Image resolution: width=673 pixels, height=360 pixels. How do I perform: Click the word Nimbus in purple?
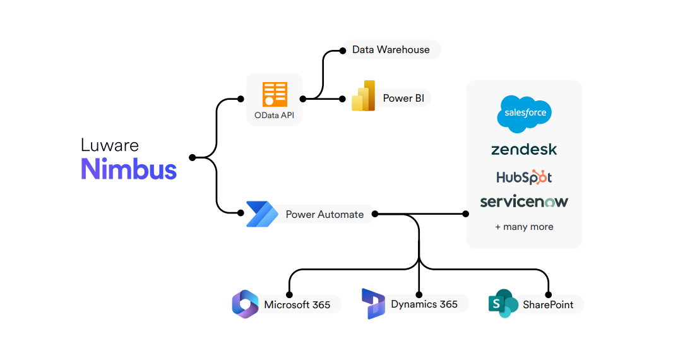coord(129,169)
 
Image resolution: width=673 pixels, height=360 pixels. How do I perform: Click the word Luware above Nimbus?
coord(109,145)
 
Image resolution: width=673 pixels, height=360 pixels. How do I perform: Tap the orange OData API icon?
coord(275,94)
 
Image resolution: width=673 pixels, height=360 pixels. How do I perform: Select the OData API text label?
coord(275,116)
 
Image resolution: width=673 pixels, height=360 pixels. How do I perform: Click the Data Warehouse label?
coord(391,49)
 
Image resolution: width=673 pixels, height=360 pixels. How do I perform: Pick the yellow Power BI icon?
coord(364,97)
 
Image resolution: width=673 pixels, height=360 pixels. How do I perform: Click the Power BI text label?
coord(403,99)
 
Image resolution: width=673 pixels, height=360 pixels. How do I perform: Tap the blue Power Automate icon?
coord(261,213)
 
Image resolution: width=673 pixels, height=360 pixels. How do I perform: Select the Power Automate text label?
coord(325,214)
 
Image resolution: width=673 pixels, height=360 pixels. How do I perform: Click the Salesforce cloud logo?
coord(524,114)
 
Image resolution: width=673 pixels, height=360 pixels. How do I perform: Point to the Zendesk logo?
coord(524,150)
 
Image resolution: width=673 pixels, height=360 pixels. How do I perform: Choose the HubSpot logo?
coord(524,177)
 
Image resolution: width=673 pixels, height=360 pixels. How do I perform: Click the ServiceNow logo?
coord(524,201)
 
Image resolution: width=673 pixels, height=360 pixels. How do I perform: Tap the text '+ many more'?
coord(524,227)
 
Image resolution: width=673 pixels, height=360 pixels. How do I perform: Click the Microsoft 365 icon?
coord(246,304)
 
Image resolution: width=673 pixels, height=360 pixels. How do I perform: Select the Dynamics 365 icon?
coord(372,304)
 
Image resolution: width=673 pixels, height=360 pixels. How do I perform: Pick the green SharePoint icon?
coord(503,304)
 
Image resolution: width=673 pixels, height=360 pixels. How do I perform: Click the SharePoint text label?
coord(548,304)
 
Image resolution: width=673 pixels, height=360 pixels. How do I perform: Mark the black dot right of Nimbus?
coord(192,157)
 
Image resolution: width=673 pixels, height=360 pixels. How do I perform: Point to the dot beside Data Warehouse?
coord(343,49)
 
